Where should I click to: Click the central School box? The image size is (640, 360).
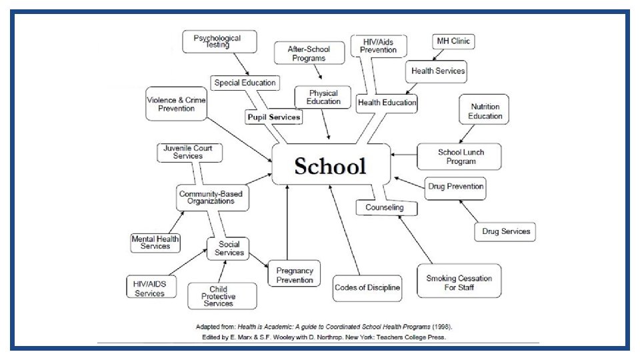tap(331, 165)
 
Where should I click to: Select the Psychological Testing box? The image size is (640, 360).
tap(217, 41)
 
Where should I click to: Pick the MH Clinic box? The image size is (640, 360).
tap(453, 41)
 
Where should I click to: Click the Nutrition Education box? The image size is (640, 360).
tap(485, 111)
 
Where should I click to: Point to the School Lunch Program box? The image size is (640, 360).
tap(461, 157)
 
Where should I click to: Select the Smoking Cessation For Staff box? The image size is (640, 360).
tap(459, 283)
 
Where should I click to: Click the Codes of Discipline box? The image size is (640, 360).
tap(367, 288)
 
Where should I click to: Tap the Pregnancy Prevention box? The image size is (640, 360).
tap(295, 275)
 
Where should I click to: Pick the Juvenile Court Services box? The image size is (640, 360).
tap(188, 152)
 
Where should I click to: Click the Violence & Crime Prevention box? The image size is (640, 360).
tap(176, 104)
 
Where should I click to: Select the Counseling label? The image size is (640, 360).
tap(385, 207)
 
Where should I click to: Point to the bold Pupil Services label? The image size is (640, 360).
tap(274, 117)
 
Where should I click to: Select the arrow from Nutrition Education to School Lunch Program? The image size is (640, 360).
tap(470, 133)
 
